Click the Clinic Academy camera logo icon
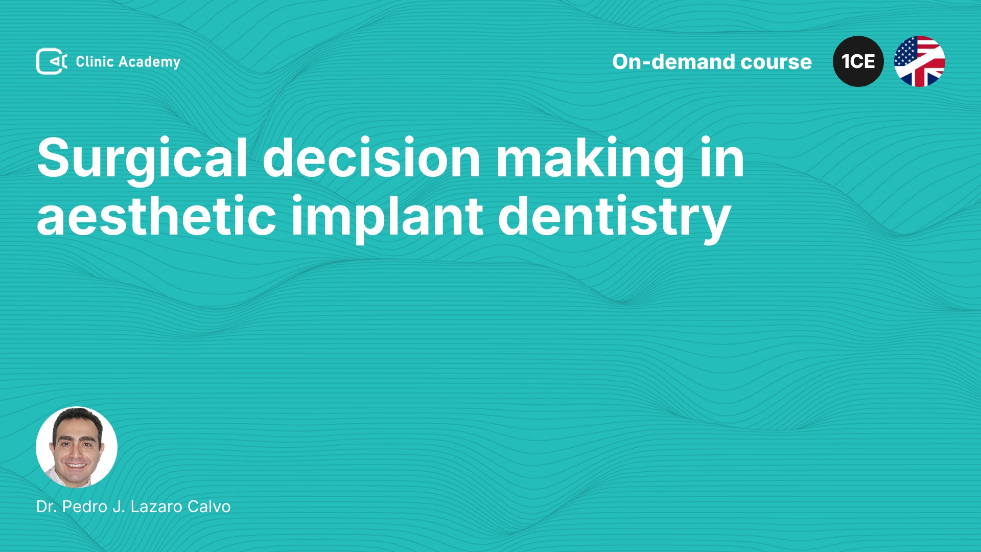[x=52, y=61]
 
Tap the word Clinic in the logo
[x=95, y=61]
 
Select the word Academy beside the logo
[x=150, y=62]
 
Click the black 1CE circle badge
[x=858, y=61]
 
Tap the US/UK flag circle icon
[x=920, y=61]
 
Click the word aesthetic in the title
[x=156, y=216]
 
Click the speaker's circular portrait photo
[x=77, y=447]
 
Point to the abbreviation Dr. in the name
[x=46, y=507]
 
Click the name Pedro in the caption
[x=85, y=507]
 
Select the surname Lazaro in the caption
[x=156, y=507]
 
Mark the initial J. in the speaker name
[x=119, y=507]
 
